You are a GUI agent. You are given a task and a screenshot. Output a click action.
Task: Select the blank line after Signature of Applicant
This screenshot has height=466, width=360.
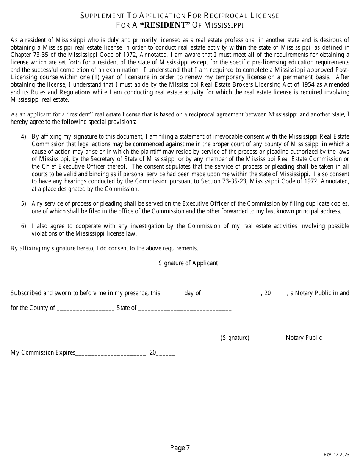(x=283, y=264)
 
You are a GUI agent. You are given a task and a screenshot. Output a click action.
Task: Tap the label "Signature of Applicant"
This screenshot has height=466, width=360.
(x=188, y=263)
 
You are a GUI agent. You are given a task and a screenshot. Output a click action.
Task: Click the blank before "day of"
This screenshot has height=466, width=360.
(x=173, y=294)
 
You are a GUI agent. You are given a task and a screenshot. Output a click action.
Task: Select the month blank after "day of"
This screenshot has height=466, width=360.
(x=232, y=294)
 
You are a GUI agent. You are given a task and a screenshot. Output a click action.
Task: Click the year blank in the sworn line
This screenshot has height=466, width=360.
(x=279, y=294)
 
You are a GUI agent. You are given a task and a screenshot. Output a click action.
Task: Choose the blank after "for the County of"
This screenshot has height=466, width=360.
(x=86, y=308)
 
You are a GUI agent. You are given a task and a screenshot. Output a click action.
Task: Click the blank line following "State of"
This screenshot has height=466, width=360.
(x=185, y=308)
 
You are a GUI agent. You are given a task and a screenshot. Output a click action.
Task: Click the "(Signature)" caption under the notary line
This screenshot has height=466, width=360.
(x=235, y=338)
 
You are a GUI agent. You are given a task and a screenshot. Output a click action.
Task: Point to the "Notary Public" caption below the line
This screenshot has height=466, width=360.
(x=304, y=338)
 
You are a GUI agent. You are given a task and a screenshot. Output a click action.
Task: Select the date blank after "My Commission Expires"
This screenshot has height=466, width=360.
(x=111, y=353)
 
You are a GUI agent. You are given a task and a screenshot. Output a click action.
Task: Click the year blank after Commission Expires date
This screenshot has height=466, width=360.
(x=166, y=353)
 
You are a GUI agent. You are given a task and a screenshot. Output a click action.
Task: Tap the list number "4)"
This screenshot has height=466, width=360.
(x=23, y=136)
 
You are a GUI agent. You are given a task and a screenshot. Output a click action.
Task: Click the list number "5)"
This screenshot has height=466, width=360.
(x=23, y=204)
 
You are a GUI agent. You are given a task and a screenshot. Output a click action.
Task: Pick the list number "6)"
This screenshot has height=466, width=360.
(x=23, y=226)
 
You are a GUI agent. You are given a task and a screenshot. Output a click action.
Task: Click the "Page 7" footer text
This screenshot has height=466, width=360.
(x=180, y=448)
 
